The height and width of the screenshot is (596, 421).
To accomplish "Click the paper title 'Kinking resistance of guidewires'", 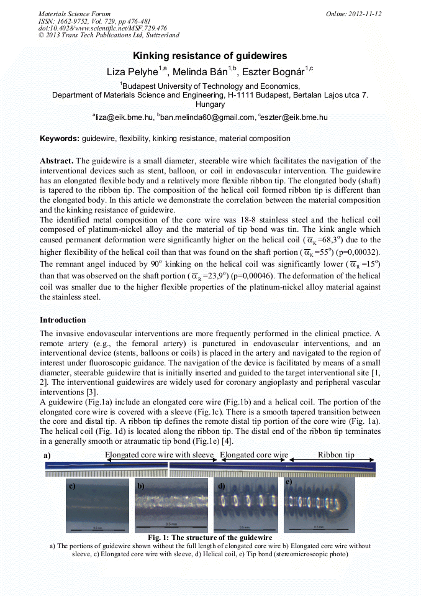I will click(x=210, y=56).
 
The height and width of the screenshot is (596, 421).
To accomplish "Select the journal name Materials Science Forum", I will click(x=75, y=14).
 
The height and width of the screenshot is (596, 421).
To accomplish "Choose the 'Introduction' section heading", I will click(x=63, y=320).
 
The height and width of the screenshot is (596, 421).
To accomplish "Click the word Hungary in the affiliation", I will click(x=210, y=104).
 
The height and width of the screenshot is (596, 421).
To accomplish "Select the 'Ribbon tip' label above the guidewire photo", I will click(x=335, y=455).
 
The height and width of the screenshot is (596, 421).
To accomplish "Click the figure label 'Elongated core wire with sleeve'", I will click(x=160, y=455).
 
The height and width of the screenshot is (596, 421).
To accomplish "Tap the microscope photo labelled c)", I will click(x=97, y=506).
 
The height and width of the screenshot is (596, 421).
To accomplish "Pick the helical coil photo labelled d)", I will click(x=245, y=505).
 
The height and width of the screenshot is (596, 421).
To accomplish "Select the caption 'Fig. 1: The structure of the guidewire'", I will click(x=210, y=537).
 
